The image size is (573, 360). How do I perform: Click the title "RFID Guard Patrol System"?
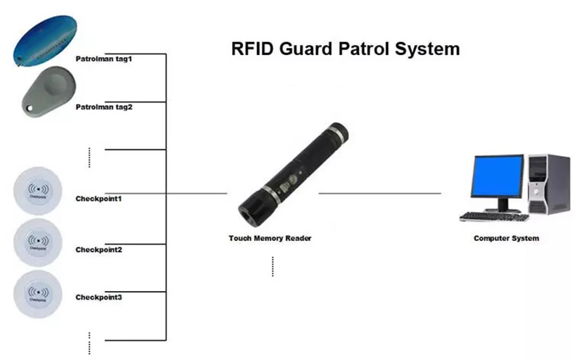point(345,50)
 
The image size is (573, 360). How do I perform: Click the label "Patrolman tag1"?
point(104,58)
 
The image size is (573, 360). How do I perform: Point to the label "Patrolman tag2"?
point(104,107)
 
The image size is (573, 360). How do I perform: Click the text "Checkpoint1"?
point(99,198)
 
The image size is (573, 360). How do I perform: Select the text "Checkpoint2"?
point(99,250)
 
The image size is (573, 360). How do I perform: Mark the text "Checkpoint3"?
point(99,298)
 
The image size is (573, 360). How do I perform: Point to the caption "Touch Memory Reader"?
point(270,238)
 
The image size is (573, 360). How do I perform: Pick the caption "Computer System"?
point(506,238)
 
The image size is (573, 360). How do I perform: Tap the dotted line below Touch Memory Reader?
point(273,266)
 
